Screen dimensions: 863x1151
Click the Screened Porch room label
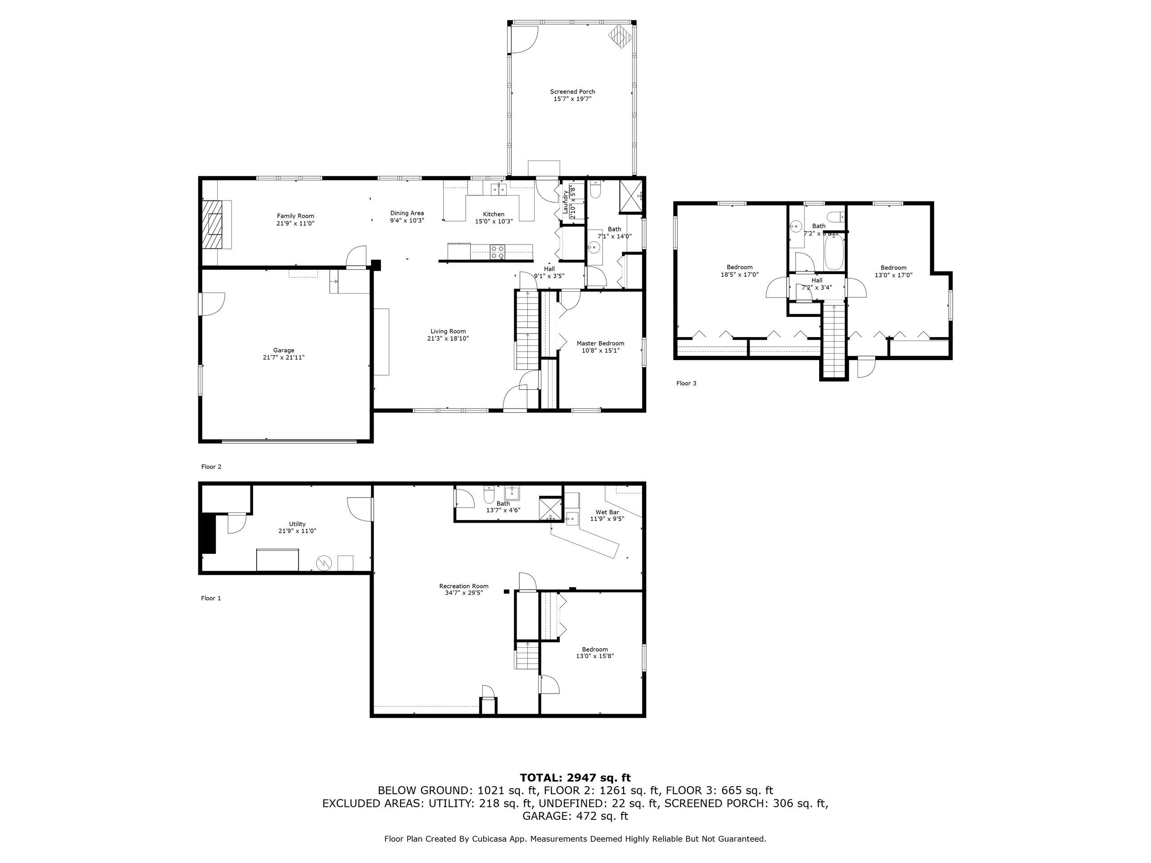pyautogui.click(x=572, y=92)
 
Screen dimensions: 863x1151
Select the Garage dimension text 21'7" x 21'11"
pyautogui.click(x=284, y=357)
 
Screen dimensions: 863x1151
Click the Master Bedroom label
pyautogui.click(x=600, y=343)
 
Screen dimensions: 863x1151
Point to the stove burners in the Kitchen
pyautogui.click(x=497, y=252)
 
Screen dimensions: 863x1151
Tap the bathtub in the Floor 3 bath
pyautogui.click(x=834, y=252)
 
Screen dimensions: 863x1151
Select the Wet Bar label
pyautogui.click(x=607, y=512)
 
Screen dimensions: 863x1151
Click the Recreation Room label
pyautogui.click(x=464, y=586)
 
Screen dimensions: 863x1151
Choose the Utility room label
pyautogui.click(x=297, y=524)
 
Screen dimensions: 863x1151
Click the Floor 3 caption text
pyautogui.click(x=686, y=383)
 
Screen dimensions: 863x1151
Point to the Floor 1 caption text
pyautogui.click(x=211, y=598)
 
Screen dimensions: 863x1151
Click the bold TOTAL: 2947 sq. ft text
pyautogui.click(x=575, y=778)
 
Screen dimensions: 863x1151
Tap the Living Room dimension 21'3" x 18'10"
pyautogui.click(x=447, y=338)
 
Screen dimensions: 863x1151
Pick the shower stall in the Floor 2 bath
pyautogui.click(x=630, y=196)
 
